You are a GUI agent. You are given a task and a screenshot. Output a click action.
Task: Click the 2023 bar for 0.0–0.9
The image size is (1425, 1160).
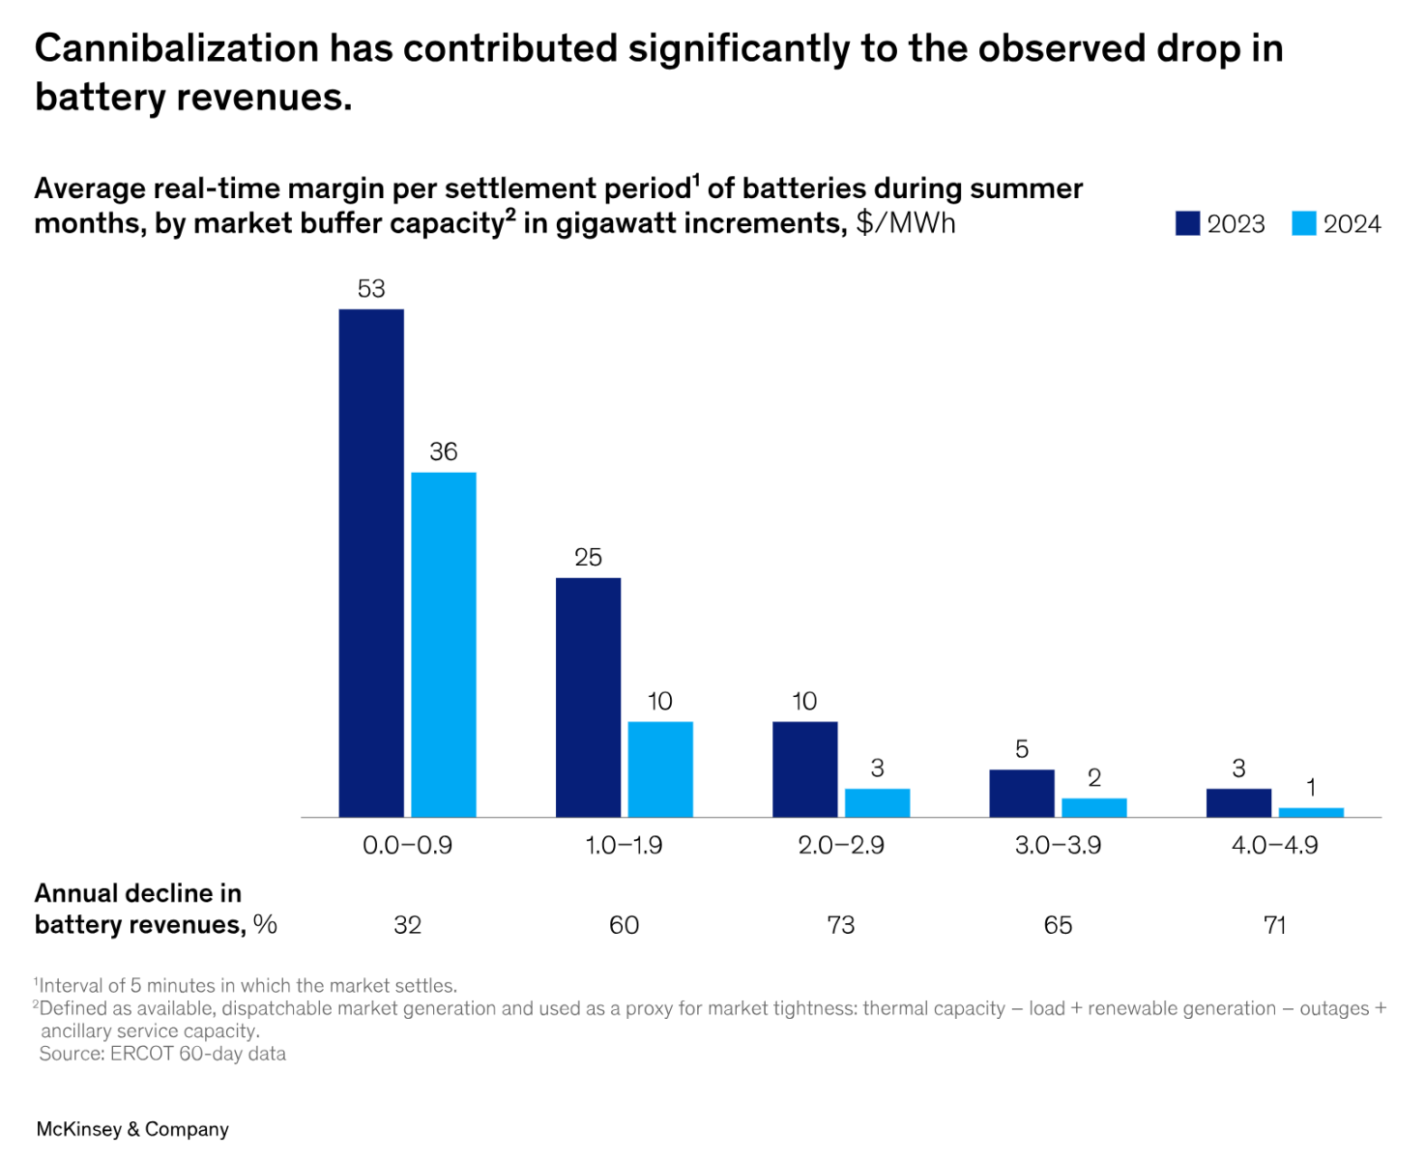[x=371, y=563]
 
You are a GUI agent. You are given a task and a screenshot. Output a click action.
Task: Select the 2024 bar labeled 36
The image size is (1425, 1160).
[x=444, y=645]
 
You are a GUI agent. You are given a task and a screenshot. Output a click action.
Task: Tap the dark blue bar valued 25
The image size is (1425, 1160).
[x=588, y=697]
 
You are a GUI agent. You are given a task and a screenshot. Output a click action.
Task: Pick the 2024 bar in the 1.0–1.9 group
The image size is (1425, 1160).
[x=660, y=769]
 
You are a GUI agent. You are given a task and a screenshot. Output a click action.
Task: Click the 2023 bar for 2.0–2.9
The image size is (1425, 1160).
[x=804, y=769]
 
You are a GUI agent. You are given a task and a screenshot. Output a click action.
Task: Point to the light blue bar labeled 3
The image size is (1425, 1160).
[x=877, y=802]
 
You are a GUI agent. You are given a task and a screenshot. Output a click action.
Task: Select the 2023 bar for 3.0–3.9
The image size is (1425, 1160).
[x=1022, y=793]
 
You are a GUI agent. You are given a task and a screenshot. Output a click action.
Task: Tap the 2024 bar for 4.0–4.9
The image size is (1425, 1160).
[x=1311, y=812]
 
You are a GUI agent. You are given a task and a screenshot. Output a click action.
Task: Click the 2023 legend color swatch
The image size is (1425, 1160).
[x=1187, y=223]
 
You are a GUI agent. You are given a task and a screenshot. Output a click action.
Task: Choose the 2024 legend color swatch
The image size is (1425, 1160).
[x=1304, y=223]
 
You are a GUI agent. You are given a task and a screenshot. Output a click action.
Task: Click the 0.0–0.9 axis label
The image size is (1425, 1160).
[x=407, y=845]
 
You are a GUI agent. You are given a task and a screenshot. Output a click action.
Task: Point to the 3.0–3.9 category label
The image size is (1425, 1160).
[x=1058, y=845]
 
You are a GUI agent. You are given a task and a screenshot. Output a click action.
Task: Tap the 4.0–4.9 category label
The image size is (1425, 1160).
[x=1274, y=845]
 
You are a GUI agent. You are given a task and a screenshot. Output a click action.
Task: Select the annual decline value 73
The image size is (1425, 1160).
[x=841, y=925]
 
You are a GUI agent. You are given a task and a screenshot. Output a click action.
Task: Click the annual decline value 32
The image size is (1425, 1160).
[x=407, y=925]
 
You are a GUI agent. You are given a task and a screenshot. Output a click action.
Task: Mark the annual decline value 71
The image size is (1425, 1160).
[x=1274, y=925]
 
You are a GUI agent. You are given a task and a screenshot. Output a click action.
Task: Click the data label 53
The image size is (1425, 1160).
[x=371, y=288]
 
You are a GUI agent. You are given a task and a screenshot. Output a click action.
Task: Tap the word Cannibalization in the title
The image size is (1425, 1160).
[x=177, y=48]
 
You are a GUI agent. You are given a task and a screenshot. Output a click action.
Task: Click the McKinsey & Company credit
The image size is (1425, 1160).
[x=132, y=1129]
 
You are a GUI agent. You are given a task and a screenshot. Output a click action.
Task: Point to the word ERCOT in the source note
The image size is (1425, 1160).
[x=141, y=1054]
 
